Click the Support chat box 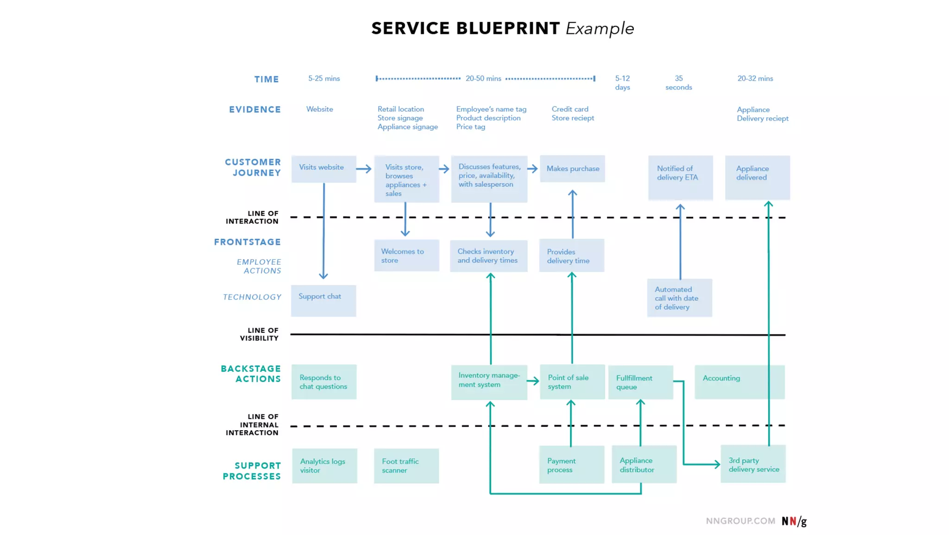(x=323, y=300)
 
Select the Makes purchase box (x=572, y=169)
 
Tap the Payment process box (x=571, y=465)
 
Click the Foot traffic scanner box (x=406, y=465)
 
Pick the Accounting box (x=739, y=382)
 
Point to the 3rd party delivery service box (x=753, y=464)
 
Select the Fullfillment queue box (x=640, y=382)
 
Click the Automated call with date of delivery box (x=679, y=298)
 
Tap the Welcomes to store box (x=406, y=255)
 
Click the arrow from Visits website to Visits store (x=364, y=169)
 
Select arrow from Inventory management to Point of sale (x=533, y=381)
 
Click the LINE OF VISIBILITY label (x=259, y=334)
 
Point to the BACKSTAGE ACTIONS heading (x=251, y=374)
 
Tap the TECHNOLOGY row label (x=252, y=297)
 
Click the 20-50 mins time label (x=483, y=78)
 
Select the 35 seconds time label (x=678, y=83)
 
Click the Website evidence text (x=319, y=109)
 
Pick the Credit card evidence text (x=570, y=109)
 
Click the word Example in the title (x=600, y=29)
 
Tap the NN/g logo (x=794, y=521)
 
